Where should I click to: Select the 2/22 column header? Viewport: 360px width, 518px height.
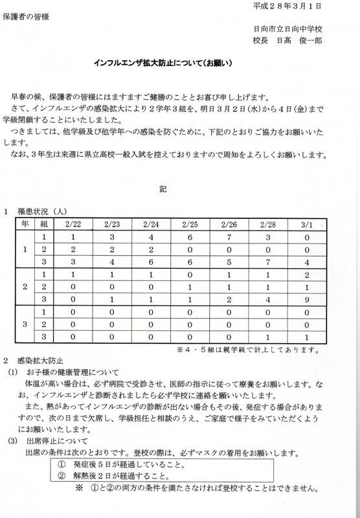point(73,224)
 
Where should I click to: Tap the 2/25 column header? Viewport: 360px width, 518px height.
point(190,224)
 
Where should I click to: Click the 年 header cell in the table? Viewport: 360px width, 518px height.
point(25,224)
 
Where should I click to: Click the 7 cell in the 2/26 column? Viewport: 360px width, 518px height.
point(229,238)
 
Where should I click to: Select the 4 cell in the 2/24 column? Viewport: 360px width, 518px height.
point(151,238)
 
